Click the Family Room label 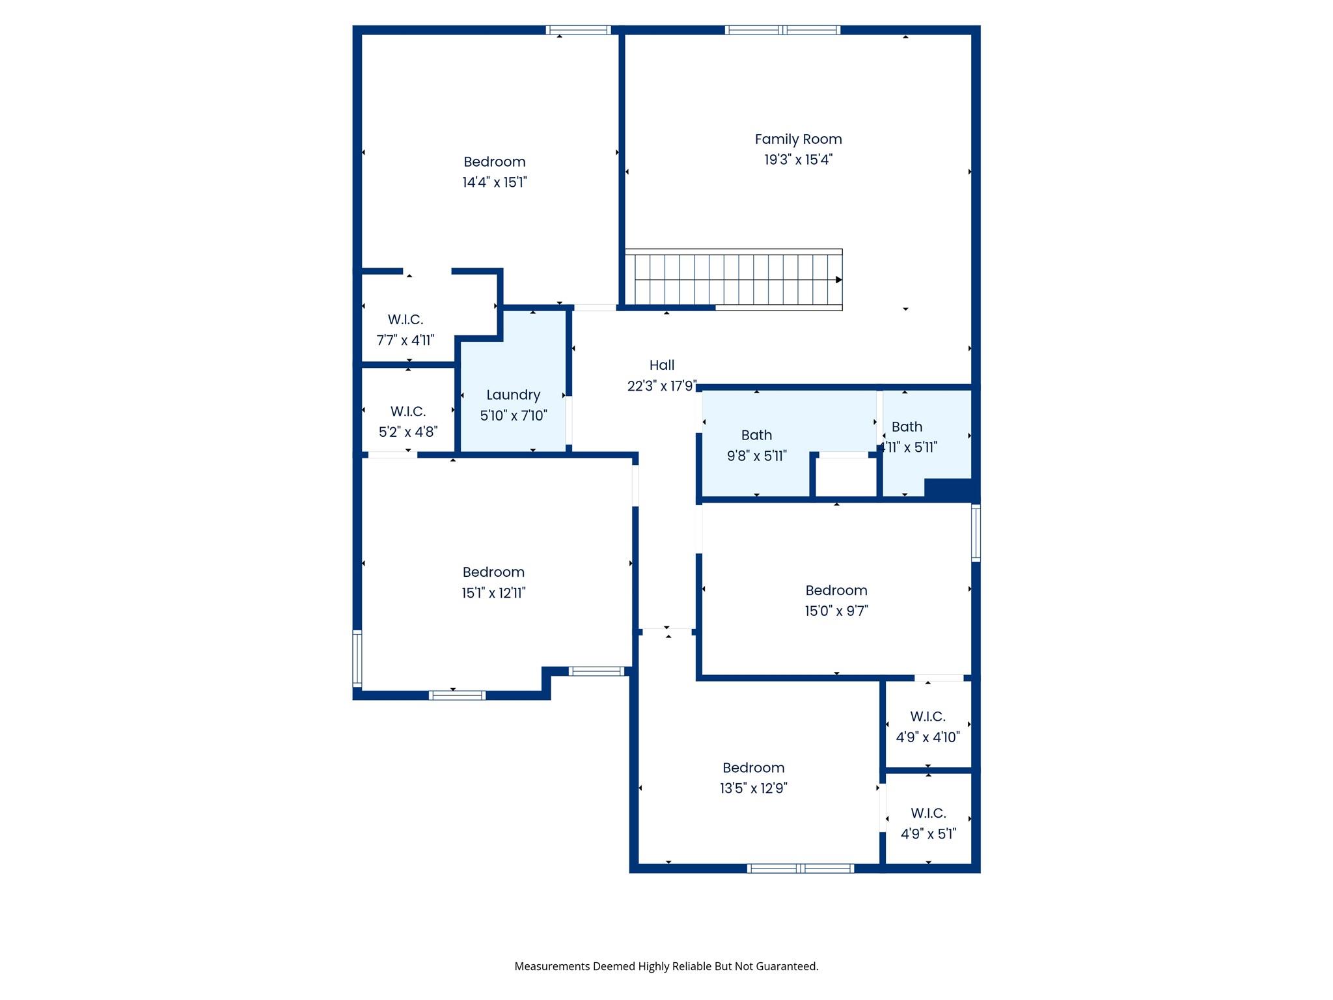click(x=798, y=139)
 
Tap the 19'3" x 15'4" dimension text click(x=798, y=160)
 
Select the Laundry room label click(x=513, y=395)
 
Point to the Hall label click(x=661, y=365)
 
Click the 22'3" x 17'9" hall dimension click(x=661, y=386)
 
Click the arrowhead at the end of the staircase click(x=838, y=280)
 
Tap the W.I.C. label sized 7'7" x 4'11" click(x=405, y=320)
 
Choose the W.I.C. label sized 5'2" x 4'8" click(x=407, y=411)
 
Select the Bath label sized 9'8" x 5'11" click(x=756, y=435)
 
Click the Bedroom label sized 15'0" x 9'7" click(x=836, y=590)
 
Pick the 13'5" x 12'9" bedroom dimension click(x=753, y=788)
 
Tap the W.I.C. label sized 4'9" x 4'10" click(x=928, y=717)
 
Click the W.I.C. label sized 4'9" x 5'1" click(x=928, y=813)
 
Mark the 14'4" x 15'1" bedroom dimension click(x=494, y=182)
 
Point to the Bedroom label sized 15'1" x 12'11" click(x=493, y=572)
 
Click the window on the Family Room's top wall click(x=782, y=30)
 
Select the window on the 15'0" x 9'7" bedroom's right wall click(x=976, y=533)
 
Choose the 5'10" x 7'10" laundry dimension click(x=513, y=415)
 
